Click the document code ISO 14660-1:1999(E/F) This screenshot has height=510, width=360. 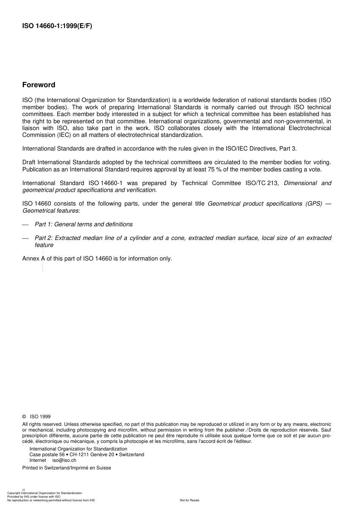click(x=57, y=26)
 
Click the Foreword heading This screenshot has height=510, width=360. click(x=39, y=85)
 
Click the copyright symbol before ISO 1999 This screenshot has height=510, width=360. click(x=24, y=416)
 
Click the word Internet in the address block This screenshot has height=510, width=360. click(x=38, y=460)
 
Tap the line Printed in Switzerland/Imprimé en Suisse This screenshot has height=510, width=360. click(x=67, y=468)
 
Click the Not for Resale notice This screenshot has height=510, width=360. click(x=189, y=500)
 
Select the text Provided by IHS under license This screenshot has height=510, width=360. click(x=30, y=497)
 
